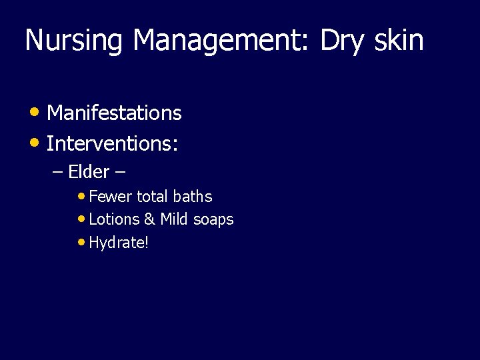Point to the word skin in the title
(x=399, y=41)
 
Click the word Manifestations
(x=114, y=113)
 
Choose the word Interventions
(x=111, y=143)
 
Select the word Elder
(x=89, y=172)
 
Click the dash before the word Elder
(x=57, y=173)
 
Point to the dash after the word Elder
(x=121, y=173)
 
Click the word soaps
(x=214, y=219)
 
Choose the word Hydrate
(x=117, y=243)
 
